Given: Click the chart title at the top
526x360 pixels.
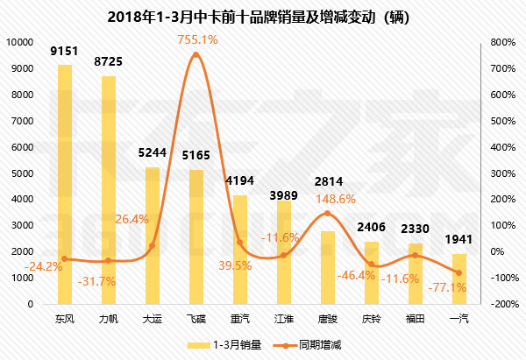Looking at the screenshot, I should [262, 17].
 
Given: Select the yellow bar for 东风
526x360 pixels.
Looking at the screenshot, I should [65, 184].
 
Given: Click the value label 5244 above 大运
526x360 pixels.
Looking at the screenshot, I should [153, 150].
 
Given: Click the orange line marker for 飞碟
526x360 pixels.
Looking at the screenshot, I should [196, 55].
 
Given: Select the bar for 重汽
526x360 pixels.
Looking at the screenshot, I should [240, 250].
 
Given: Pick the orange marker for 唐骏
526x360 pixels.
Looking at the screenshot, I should [328, 213].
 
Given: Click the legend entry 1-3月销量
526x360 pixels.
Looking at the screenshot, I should [227, 344].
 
